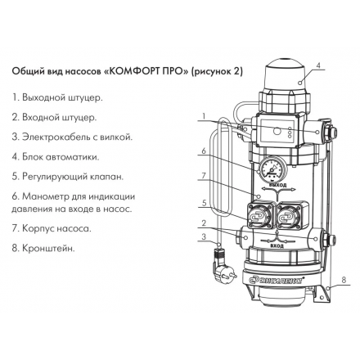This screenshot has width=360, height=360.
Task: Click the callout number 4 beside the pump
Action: [320, 65]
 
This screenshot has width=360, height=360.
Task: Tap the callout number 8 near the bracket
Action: [343, 281]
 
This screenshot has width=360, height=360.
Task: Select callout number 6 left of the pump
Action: [202, 151]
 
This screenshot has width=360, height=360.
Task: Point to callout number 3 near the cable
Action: [202, 238]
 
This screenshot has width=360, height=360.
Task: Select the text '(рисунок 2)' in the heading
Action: [217, 70]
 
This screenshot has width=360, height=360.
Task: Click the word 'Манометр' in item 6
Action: [47, 196]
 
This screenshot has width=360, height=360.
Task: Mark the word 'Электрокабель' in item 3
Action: [56, 137]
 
